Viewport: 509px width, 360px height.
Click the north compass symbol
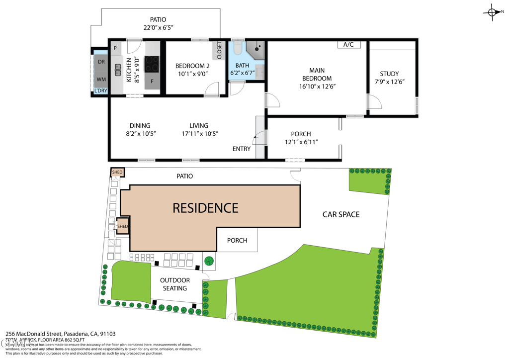point(492,12)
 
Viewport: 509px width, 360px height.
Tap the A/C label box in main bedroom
point(348,45)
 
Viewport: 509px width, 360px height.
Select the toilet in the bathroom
point(237,48)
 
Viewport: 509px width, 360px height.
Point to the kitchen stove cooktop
point(152,64)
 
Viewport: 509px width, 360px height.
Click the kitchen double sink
point(118,70)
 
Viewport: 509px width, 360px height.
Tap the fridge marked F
point(152,81)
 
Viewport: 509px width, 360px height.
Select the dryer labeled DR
point(101,62)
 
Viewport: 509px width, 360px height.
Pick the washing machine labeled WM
point(101,79)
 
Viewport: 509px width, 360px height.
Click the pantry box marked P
point(115,48)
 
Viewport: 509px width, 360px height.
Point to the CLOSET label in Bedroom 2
point(219,50)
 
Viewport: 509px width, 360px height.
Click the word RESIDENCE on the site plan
point(205,208)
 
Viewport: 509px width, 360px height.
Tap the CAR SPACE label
point(341,214)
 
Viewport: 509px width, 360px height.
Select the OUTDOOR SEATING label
point(175,284)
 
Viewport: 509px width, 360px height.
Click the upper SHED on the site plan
point(117,173)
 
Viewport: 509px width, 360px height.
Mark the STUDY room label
point(389,74)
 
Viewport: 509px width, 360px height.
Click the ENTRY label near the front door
point(242,149)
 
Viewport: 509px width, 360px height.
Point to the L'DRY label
point(101,90)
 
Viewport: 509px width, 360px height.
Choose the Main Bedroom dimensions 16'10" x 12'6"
point(317,86)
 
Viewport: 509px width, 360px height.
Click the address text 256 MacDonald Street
point(40,334)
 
